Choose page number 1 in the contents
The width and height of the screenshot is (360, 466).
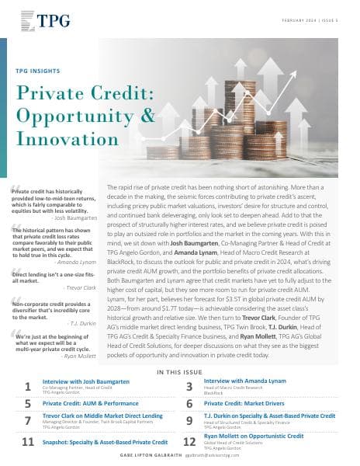(28, 386)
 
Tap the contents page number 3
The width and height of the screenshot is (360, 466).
(189, 386)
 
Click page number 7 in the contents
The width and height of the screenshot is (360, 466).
(28, 421)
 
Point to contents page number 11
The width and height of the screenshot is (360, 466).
(28, 443)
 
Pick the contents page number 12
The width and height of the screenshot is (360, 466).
(189, 443)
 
